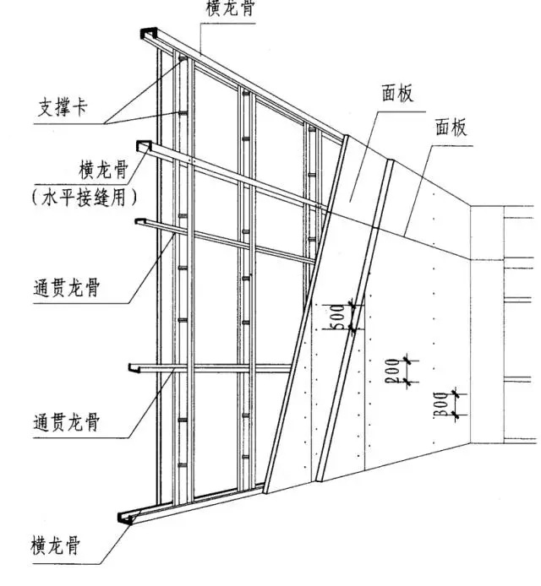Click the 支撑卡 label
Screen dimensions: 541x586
click(63, 107)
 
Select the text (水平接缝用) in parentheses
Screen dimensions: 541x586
click(85, 198)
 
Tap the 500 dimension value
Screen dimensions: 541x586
click(338, 317)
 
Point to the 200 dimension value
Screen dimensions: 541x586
click(392, 371)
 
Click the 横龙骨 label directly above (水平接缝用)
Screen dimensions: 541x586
click(104, 170)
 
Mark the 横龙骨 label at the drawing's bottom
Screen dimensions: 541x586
click(56, 545)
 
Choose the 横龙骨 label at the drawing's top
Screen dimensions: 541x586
click(231, 8)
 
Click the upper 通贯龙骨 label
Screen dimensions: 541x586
click(67, 288)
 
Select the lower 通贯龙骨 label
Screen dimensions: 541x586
click(67, 422)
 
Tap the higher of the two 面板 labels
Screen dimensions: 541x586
click(397, 93)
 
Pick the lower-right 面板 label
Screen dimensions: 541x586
click(451, 127)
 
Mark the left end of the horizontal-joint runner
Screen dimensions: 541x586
click(143, 146)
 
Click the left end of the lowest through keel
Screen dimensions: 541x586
click(134, 368)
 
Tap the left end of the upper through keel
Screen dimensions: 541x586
click(140, 221)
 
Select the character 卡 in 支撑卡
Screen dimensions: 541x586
click(80, 107)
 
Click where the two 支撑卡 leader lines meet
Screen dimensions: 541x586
click(105, 123)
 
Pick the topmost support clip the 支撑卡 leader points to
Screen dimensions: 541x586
click(183, 58)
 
